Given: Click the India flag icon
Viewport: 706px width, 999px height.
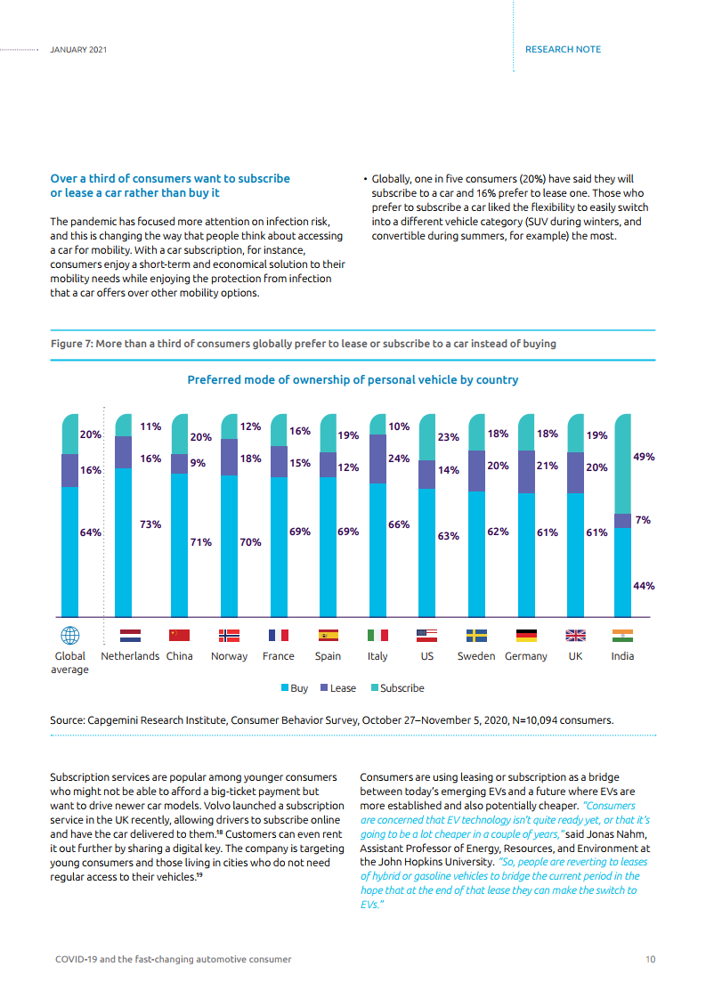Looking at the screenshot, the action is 622,635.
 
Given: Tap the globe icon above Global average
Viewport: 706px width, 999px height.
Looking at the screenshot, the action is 70,635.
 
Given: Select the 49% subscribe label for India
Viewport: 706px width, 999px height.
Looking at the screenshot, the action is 644,457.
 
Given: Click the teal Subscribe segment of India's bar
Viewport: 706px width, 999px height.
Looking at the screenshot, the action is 622,464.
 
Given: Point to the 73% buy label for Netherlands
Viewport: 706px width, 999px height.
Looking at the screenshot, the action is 150,524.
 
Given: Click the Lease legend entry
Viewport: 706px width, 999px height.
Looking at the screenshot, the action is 338,688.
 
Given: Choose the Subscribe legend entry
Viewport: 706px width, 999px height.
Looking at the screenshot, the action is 398,688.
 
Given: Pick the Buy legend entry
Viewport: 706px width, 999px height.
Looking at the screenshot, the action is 295,688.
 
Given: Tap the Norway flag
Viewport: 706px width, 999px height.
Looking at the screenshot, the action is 230,635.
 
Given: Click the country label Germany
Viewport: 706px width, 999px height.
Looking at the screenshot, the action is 525,656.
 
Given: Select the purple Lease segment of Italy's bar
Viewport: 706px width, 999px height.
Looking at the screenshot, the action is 377,459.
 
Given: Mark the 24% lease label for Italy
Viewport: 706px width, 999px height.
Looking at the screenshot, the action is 399,458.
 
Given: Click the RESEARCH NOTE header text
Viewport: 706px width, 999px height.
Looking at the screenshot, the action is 564,49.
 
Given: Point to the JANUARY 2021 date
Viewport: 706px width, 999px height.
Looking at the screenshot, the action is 78,50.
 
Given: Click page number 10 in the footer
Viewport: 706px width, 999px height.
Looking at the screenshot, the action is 650,959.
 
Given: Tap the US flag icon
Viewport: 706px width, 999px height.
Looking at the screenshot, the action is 427,635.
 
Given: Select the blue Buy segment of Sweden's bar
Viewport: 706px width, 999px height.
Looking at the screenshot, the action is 476,555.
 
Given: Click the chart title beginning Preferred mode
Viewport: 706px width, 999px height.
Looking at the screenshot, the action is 353,379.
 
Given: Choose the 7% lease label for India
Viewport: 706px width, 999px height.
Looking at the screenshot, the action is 643,520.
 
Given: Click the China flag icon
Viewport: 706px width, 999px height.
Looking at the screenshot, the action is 180,635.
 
